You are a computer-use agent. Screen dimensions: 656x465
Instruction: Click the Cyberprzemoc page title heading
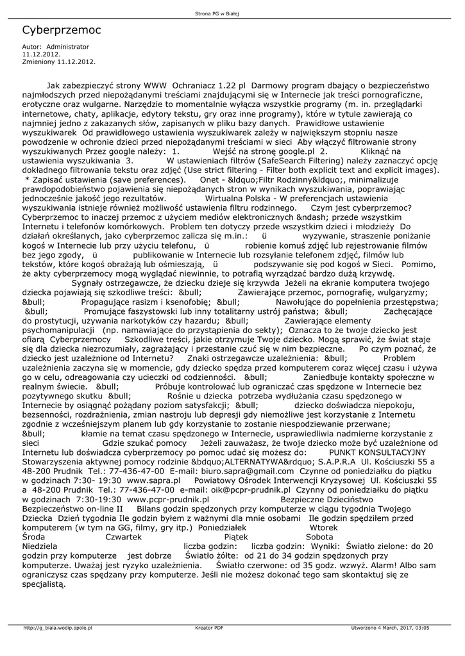pyautogui.click(x=62, y=30)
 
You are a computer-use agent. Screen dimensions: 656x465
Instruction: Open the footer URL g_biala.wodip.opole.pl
pyautogui.click(x=58, y=628)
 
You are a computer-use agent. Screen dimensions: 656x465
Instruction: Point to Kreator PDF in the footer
pyautogui.click(x=209, y=628)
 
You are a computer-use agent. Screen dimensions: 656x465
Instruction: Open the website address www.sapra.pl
pyautogui.click(x=153, y=479)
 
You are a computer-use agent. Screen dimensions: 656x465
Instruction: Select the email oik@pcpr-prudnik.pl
pyautogui.click(x=235, y=488)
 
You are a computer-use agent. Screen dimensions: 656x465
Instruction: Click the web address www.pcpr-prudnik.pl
pyautogui.click(x=169, y=498)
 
